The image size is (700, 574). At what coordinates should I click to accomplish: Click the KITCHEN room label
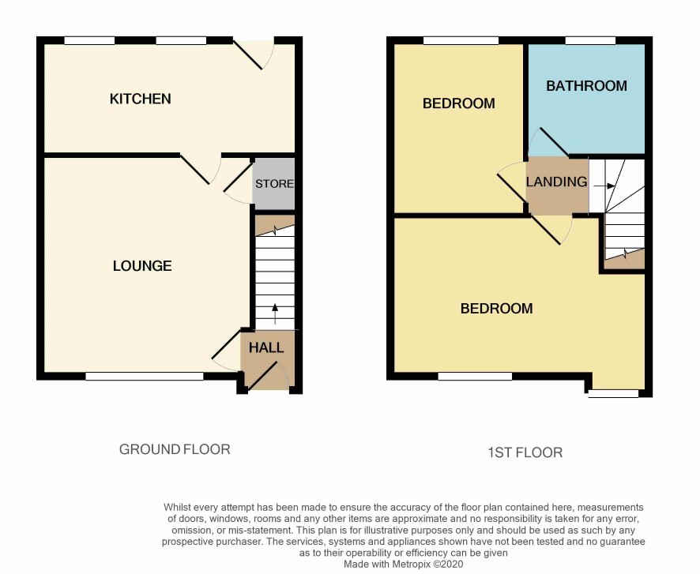click(140, 99)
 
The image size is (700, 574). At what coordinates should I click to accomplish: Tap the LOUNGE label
click(142, 266)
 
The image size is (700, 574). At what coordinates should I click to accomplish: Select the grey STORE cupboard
click(273, 183)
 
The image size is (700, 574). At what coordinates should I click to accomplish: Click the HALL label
click(266, 347)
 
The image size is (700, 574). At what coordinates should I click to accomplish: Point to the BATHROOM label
click(586, 85)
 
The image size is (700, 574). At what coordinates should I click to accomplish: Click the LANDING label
click(556, 182)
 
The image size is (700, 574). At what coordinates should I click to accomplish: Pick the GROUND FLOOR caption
click(175, 449)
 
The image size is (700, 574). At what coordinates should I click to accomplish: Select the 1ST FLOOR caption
click(525, 452)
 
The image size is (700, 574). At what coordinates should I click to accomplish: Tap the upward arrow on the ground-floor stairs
click(275, 314)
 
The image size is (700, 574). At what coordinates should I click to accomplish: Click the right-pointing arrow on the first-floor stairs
click(604, 186)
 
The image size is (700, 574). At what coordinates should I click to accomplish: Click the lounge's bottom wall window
click(145, 377)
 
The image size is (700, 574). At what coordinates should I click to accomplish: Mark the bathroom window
click(590, 40)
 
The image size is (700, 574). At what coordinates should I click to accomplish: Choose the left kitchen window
click(89, 40)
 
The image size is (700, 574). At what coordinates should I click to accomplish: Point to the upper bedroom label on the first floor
click(458, 103)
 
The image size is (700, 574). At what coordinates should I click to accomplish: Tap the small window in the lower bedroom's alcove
click(614, 394)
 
